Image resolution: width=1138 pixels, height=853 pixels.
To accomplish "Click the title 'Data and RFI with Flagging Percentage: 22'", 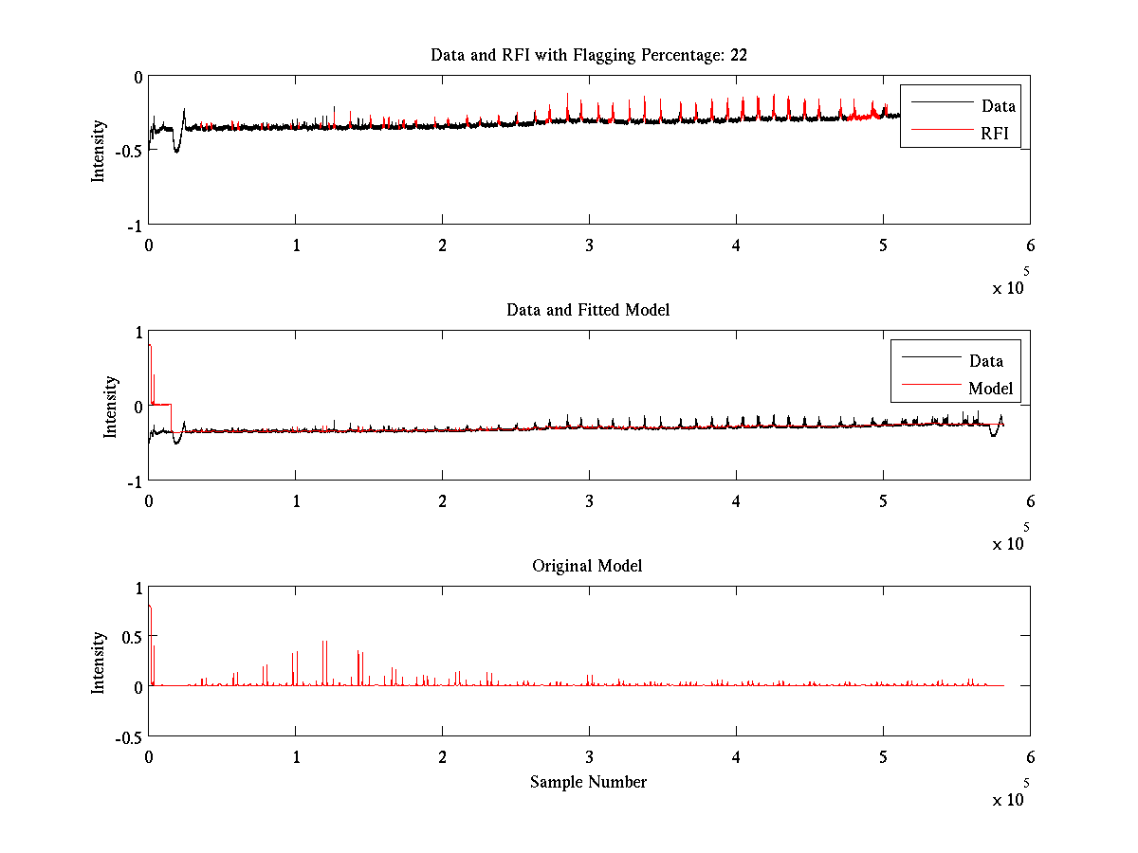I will pyautogui.click(x=588, y=55).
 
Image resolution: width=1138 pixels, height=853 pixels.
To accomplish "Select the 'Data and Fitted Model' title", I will pyautogui.click(x=588, y=310).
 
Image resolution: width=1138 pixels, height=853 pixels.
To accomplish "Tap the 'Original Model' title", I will pyautogui.click(x=587, y=566).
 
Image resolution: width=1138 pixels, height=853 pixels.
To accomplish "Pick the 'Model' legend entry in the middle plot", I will pyautogui.click(x=990, y=389).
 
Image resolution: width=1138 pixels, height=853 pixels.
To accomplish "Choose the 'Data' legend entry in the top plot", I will pyautogui.click(x=998, y=106).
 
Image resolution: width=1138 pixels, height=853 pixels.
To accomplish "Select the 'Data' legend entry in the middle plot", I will pyautogui.click(x=985, y=361).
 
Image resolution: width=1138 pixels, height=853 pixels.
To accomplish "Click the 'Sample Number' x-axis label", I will pyautogui.click(x=588, y=782).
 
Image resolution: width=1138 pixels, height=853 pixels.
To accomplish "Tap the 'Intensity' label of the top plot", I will pyautogui.click(x=98, y=151).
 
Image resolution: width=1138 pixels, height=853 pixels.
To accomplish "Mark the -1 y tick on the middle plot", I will pyautogui.click(x=132, y=481).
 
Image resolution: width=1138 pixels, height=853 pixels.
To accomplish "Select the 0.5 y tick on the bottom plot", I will pyautogui.click(x=129, y=636).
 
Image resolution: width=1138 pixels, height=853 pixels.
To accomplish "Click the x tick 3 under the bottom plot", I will pyautogui.click(x=589, y=757).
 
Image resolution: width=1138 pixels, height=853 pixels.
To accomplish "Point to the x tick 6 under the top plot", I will pyautogui.click(x=1030, y=245).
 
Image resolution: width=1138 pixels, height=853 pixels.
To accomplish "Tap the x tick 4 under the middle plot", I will pyautogui.click(x=736, y=501).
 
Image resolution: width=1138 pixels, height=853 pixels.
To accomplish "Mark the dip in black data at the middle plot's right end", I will pyautogui.click(x=993, y=433).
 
